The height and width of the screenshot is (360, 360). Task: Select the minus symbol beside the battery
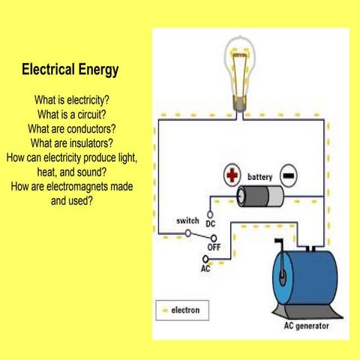click(289, 175)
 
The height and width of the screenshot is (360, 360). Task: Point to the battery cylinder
click(259, 196)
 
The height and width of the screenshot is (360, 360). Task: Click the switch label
click(187, 221)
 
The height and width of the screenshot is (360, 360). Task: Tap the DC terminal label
click(211, 224)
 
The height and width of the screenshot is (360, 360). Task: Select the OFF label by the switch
click(214, 246)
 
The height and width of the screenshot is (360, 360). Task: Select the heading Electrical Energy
click(70, 70)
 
